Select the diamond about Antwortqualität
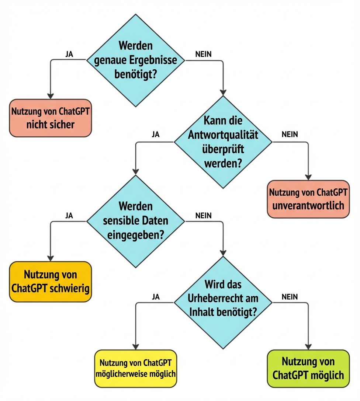[x=223, y=142]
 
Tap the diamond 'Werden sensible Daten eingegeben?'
[x=135, y=221]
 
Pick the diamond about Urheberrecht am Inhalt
[x=223, y=302]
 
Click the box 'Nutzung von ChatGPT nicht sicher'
[x=50, y=118]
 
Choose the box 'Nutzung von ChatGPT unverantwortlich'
[x=308, y=199]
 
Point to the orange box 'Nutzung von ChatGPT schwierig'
[x=50, y=282]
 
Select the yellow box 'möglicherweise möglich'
[x=135, y=369]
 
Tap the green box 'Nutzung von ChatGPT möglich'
[x=308, y=369]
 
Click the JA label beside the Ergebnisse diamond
[x=69, y=54]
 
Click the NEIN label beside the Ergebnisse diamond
[x=203, y=54]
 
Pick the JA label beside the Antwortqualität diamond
[x=156, y=135]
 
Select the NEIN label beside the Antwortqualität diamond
[x=290, y=135]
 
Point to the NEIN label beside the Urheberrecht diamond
[x=290, y=297]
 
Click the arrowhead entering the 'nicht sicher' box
[x=50, y=96]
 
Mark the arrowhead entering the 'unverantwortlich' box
[x=308, y=177]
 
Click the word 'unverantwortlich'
[x=308, y=205]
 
